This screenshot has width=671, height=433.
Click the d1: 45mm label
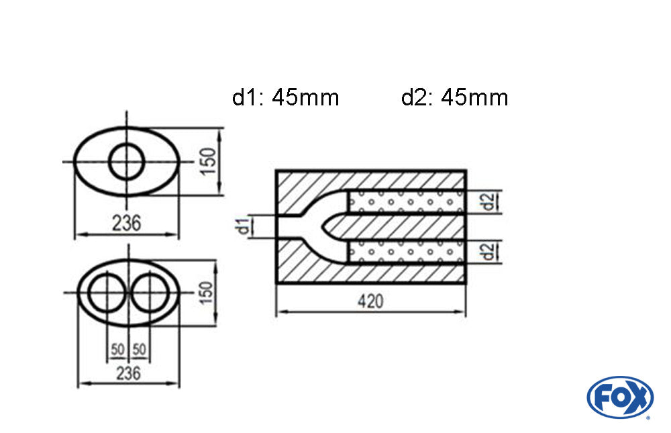pyautogui.click(x=285, y=98)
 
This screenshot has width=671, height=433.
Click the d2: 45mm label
pyautogui.click(x=454, y=98)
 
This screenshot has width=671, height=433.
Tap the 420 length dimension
pyautogui.click(x=370, y=301)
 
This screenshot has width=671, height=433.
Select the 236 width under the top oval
pyautogui.click(x=127, y=223)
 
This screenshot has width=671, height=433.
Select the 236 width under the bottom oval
pyautogui.click(x=128, y=373)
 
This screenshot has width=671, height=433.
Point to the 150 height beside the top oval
pyautogui.click(x=209, y=160)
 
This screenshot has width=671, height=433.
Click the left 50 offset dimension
pyautogui.click(x=117, y=349)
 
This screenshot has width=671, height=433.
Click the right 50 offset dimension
pyautogui.click(x=139, y=349)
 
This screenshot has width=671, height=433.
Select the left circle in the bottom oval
pyautogui.click(x=105, y=293)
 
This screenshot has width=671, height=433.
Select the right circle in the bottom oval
pyautogui.click(x=150, y=293)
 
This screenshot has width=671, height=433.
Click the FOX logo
pyautogui.click(x=619, y=397)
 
